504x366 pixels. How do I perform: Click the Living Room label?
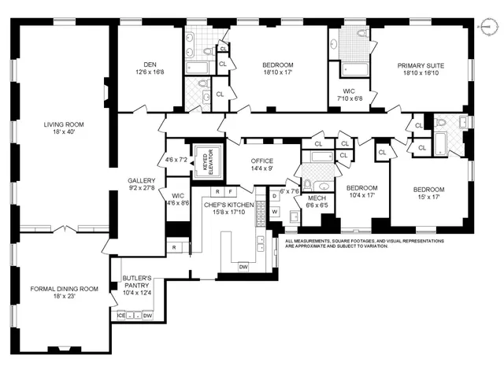63,124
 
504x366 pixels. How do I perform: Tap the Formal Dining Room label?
64,289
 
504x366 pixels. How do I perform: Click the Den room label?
151,65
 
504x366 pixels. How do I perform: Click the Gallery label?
142,180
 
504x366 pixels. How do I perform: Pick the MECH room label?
317,198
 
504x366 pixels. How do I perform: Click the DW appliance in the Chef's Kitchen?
243,267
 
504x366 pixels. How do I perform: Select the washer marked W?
276,211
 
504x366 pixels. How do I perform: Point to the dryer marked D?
274,195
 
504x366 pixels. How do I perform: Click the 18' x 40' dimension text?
63,133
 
